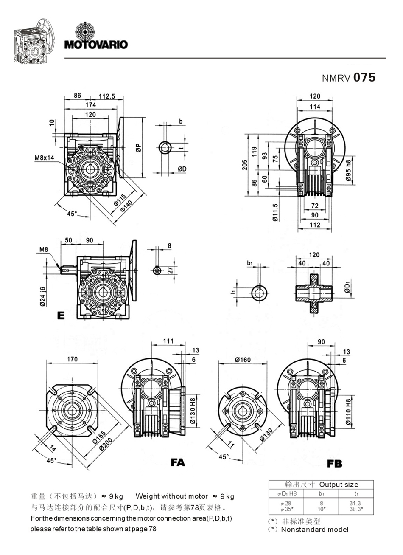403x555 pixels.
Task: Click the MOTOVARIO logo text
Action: click(96, 45)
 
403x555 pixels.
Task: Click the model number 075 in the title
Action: click(364, 78)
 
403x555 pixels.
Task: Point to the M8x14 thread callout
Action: click(45, 158)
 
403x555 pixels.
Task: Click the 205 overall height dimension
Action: click(245, 164)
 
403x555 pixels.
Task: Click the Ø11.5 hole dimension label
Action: click(275, 212)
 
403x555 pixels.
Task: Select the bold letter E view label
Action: click(60, 316)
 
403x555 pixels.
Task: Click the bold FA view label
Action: click(178, 462)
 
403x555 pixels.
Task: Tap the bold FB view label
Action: click(334, 464)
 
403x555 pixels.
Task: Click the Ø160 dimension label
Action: click(243, 360)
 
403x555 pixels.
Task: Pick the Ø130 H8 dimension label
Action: click(193, 411)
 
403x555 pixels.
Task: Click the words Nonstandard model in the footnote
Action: click(315, 530)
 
